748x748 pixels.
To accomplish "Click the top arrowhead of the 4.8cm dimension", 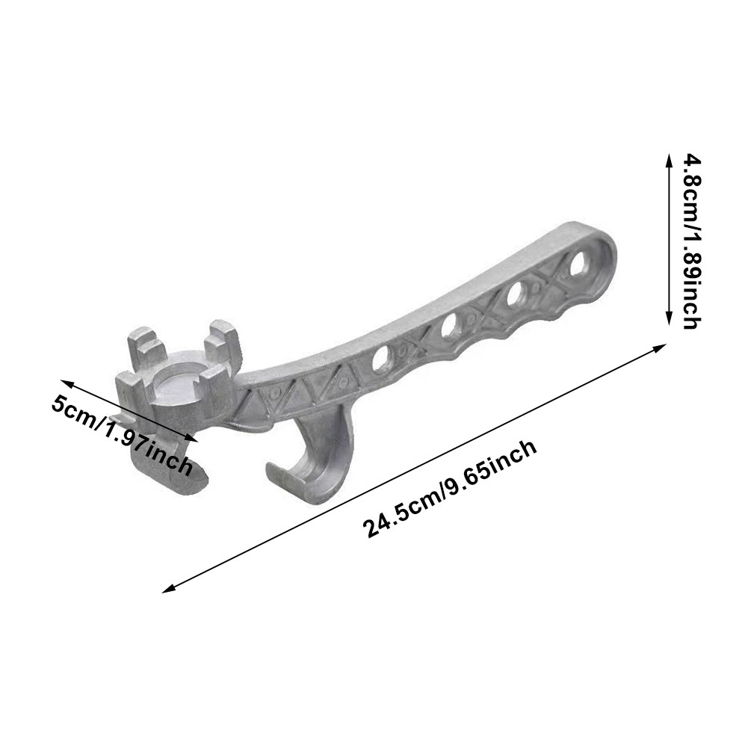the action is coord(669,158).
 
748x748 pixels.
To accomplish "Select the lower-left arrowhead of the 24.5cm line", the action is coord(168,589).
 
